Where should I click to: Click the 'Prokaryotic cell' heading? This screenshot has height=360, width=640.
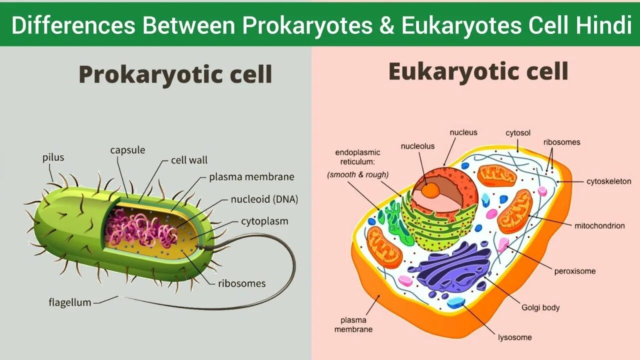[x=175, y=75]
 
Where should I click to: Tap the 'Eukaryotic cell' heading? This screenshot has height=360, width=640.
[x=478, y=72]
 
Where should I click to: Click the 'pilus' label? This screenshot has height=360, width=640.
[x=53, y=158]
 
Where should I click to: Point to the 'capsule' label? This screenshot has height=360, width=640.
[x=127, y=150]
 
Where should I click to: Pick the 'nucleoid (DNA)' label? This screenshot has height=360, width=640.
[x=264, y=199]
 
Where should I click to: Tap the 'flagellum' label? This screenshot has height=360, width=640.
[x=70, y=302]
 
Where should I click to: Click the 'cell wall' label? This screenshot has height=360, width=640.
[x=189, y=160]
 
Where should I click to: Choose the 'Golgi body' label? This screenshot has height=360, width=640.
[x=540, y=307]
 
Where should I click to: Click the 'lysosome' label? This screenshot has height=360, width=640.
[x=514, y=337]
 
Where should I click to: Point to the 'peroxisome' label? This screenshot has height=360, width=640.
[x=575, y=271]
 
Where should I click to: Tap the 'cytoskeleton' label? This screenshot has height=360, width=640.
[x=608, y=181]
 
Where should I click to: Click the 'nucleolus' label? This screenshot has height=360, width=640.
[x=417, y=146]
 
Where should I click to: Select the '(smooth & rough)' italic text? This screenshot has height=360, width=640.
[x=357, y=175]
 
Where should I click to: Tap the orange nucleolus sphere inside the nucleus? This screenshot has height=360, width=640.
[x=429, y=189]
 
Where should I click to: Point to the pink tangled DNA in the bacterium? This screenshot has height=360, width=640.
[x=140, y=227]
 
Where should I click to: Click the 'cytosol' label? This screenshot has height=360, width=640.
[x=518, y=133]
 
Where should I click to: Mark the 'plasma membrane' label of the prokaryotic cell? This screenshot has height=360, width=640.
[x=251, y=177]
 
